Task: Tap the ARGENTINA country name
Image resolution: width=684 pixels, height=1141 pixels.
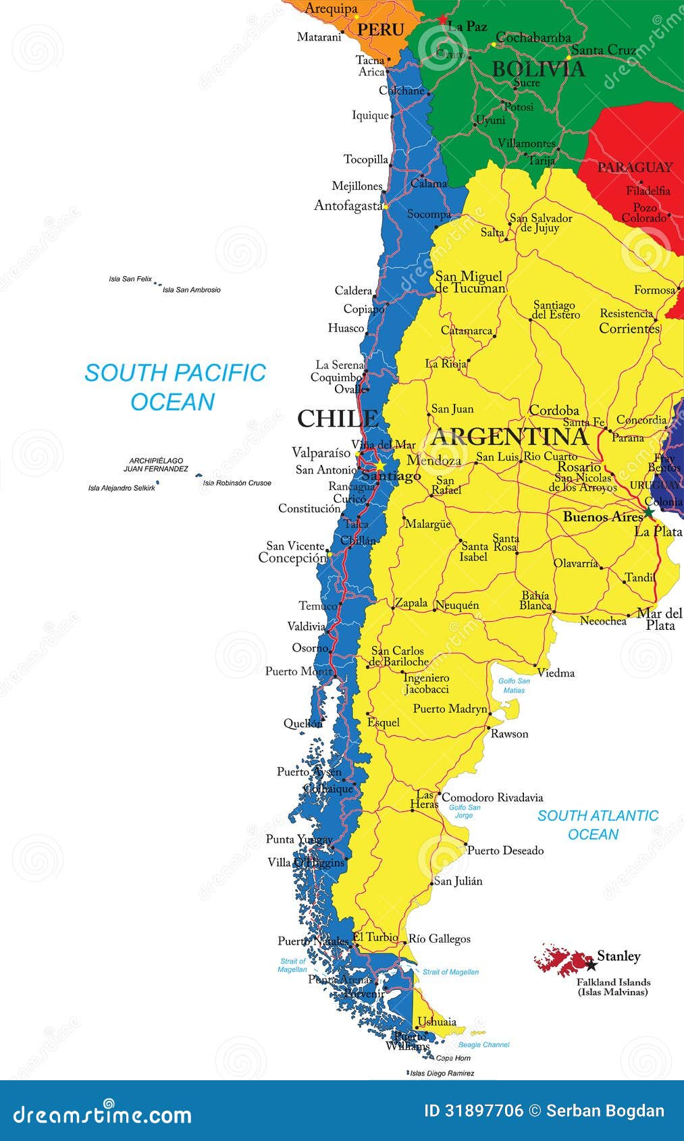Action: pos(510,437)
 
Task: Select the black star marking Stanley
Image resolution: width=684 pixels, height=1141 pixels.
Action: pos(591,965)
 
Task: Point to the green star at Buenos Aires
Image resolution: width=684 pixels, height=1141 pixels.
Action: pos(648,513)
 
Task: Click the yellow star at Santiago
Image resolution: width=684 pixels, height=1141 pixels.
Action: pos(381,466)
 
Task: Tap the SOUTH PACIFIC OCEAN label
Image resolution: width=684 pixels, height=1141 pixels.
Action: pos(175,387)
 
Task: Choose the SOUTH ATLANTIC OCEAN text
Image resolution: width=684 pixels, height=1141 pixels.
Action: pos(597,824)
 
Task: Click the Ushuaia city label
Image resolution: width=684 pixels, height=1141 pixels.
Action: pos(437,1021)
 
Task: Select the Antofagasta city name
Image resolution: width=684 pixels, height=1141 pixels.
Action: pos(348,206)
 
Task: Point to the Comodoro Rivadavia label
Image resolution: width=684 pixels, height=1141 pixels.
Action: pos(492,797)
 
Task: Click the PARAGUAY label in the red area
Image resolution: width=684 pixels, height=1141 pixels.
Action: pos(635,167)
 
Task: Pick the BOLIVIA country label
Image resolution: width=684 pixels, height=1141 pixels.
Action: pos(538,69)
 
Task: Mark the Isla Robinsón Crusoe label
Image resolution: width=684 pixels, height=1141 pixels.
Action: pos(237,483)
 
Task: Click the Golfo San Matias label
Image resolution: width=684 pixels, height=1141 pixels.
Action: pos(514,685)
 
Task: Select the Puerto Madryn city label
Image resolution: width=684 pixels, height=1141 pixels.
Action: pos(450,709)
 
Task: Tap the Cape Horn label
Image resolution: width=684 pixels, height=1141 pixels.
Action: pos(453,1058)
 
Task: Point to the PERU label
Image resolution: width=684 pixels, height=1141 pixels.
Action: pos(379,30)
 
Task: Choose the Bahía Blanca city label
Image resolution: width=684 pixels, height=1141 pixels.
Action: pos(535,600)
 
